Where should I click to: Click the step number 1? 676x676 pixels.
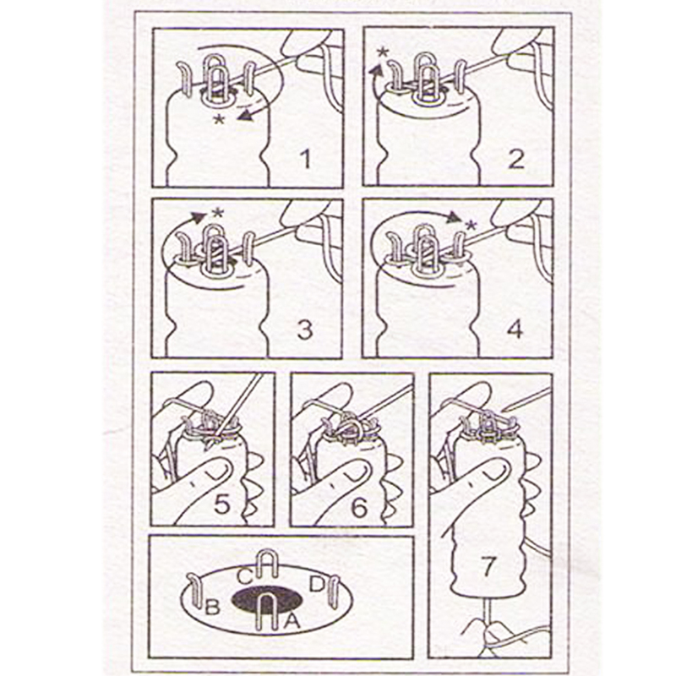click(x=306, y=159)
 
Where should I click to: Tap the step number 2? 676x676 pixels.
click(x=516, y=159)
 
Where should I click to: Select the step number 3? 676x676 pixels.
click(x=305, y=330)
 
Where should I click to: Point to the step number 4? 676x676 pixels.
click(x=515, y=330)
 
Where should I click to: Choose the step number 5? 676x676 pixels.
click(x=222, y=504)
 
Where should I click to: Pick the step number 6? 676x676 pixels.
click(x=359, y=508)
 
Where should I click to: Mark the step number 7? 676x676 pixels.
click(x=488, y=566)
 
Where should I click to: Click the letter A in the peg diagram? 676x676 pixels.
click(x=292, y=621)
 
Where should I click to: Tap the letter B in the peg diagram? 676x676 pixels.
click(x=213, y=607)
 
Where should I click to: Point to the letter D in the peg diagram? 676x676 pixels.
click(x=317, y=584)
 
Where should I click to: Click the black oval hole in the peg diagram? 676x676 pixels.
click(x=267, y=599)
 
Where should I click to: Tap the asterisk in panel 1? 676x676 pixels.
click(x=220, y=120)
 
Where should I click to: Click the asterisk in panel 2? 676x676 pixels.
click(x=383, y=53)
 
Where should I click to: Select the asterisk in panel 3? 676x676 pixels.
click(x=219, y=213)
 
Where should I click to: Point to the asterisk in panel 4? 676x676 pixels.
click(x=472, y=225)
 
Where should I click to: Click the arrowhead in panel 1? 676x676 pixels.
click(x=246, y=116)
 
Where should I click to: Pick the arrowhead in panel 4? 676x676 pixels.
click(x=454, y=218)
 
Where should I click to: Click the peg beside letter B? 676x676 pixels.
click(x=195, y=591)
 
